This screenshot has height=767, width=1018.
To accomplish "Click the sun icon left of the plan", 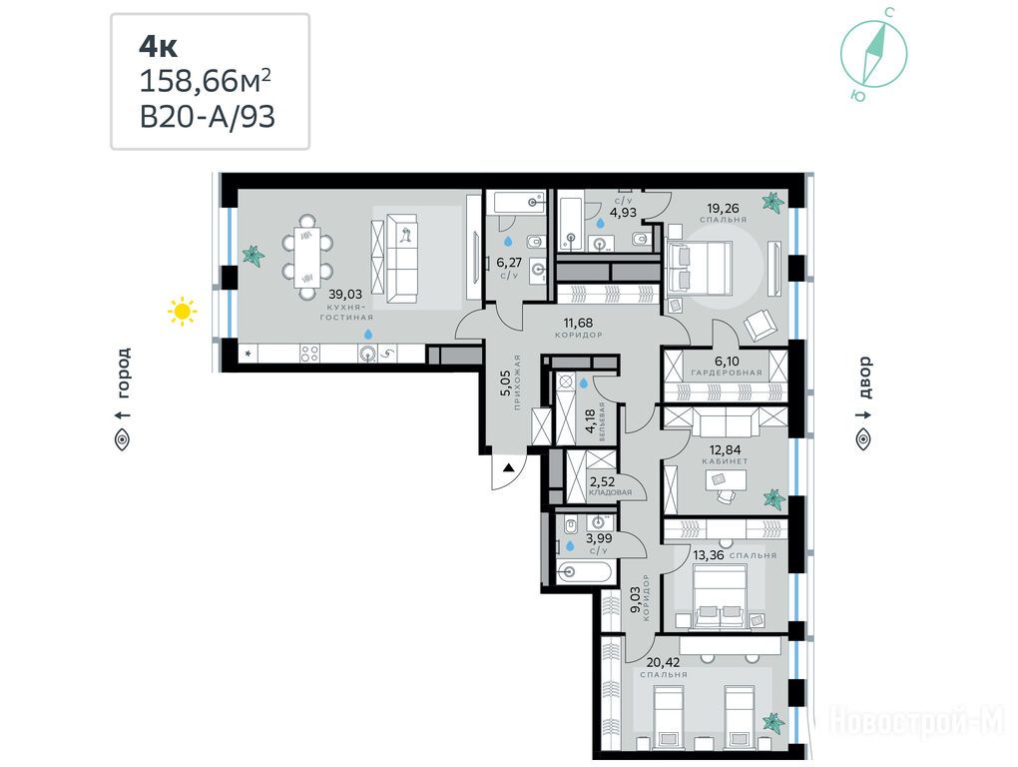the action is point(183,312).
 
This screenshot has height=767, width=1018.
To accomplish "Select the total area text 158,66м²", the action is point(206,82).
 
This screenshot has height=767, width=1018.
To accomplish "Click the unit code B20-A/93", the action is point(208,118).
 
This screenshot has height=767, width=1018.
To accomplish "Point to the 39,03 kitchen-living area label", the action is point(346,295).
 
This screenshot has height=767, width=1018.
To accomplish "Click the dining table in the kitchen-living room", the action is point(307,258).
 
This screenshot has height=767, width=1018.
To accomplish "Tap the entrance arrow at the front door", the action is point(509,466).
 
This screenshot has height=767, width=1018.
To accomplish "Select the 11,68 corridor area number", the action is point(578,323).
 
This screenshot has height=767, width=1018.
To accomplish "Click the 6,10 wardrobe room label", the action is point(726,362).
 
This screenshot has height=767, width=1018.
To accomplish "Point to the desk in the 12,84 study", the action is point(726,479).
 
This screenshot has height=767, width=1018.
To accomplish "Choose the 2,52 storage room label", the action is point(602,482).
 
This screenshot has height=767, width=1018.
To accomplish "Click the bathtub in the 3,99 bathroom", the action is point(584,572).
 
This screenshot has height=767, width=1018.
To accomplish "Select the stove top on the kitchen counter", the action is point(309,354).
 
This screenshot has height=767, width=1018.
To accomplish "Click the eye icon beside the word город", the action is point(123,440).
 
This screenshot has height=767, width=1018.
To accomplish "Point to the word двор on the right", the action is point(864,378).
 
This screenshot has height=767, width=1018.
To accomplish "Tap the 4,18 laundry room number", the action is point(590,421).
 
